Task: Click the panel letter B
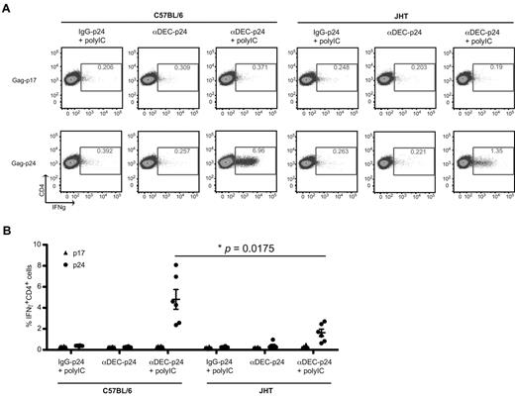[x=8, y=231]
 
